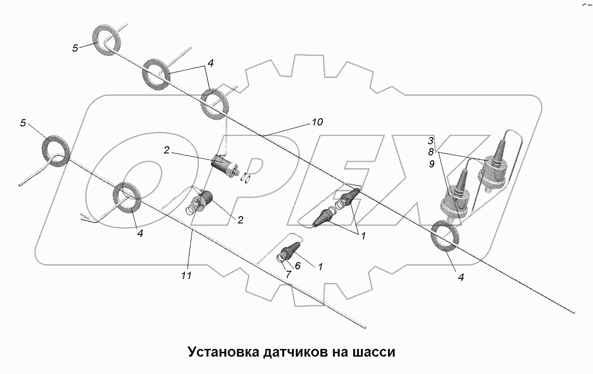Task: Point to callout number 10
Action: tap(317, 122)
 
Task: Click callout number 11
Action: tap(186, 276)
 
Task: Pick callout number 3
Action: tap(431, 141)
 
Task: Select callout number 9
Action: tap(431, 164)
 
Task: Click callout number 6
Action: tap(298, 265)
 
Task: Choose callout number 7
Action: tap(288, 274)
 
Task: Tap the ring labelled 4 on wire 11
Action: tap(128, 197)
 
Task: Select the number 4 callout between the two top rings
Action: tap(210, 63)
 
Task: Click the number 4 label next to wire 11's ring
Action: tap(140, 234)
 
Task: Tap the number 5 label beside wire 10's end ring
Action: tap(75, 48)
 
